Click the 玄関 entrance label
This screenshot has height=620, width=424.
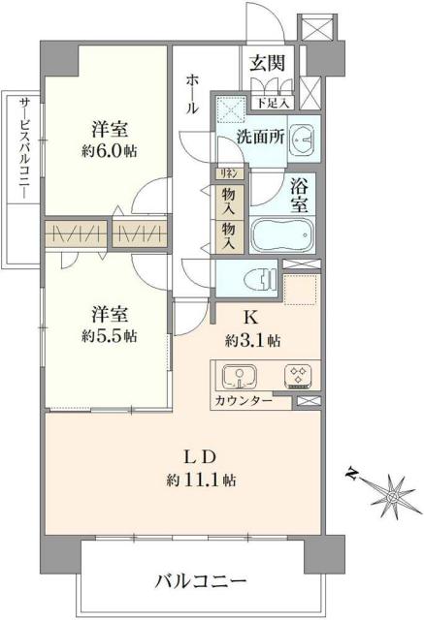click(266, 64)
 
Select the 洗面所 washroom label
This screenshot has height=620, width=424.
click(260, 137)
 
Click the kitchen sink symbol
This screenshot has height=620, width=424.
click(239, 376)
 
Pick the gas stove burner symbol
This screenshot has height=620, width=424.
click(297, 376)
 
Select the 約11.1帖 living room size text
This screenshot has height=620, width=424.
click(202, 480)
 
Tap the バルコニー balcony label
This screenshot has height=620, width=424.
click(201, 581)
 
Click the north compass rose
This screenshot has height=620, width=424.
click(392, 494)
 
